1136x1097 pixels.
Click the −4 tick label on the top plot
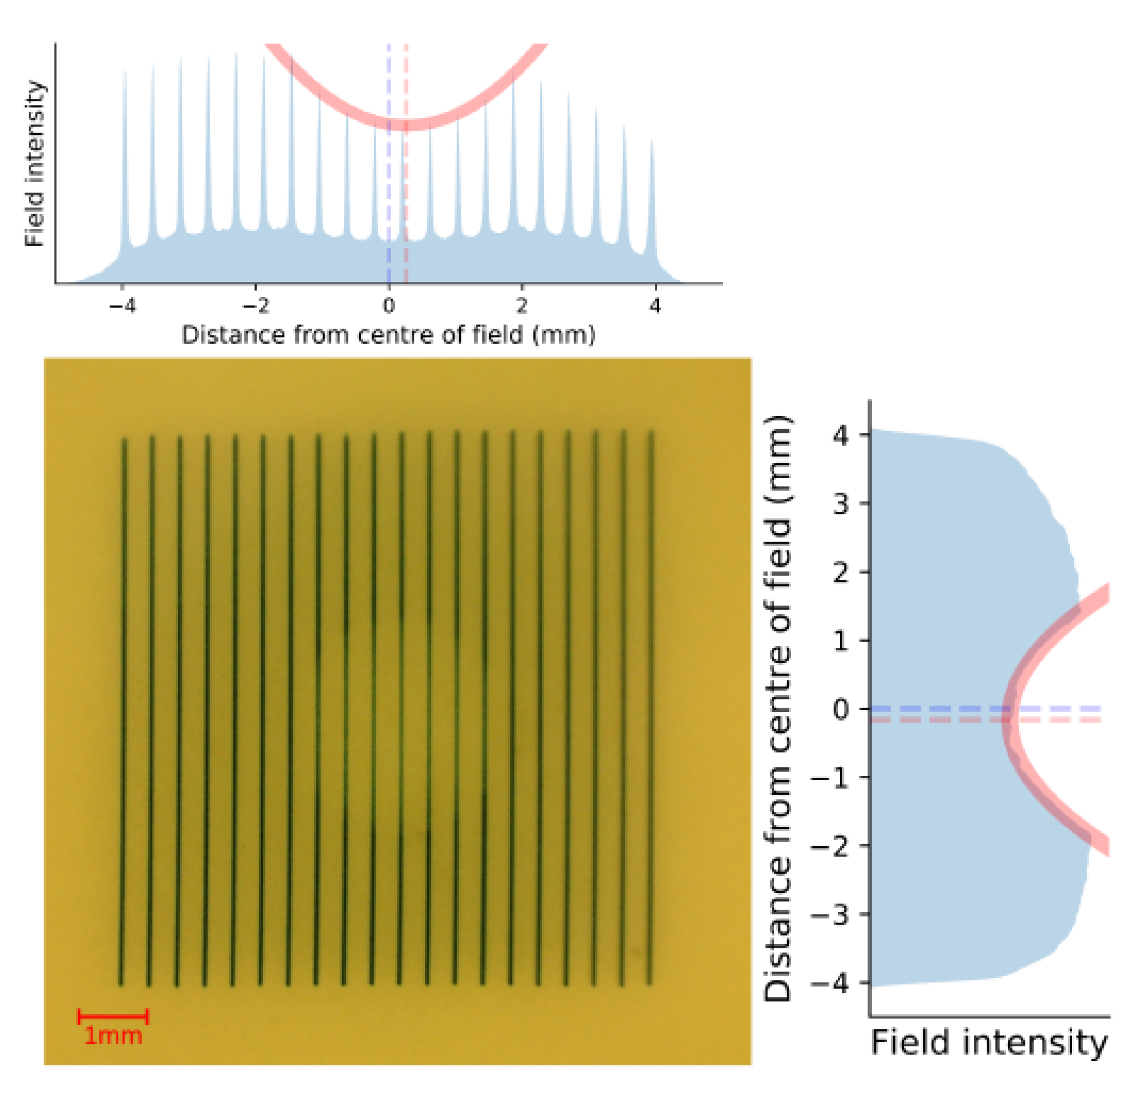(122, 306)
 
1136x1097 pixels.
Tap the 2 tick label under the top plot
(522, 306)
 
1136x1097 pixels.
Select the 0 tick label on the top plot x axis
(388, 306)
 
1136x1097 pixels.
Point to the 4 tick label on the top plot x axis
(655, 306)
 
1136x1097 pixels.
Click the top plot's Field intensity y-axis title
(35, 163)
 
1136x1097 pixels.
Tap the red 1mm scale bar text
(113, 1036)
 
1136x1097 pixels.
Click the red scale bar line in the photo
(113, 1016)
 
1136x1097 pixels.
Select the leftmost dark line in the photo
(122, 713)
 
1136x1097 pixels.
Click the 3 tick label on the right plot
(841, 504)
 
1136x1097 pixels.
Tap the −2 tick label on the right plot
(830, 846)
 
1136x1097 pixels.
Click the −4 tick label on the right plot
(830, 982)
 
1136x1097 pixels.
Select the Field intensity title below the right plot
(989, 1043)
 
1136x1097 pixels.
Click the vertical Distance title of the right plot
(778, 708)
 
